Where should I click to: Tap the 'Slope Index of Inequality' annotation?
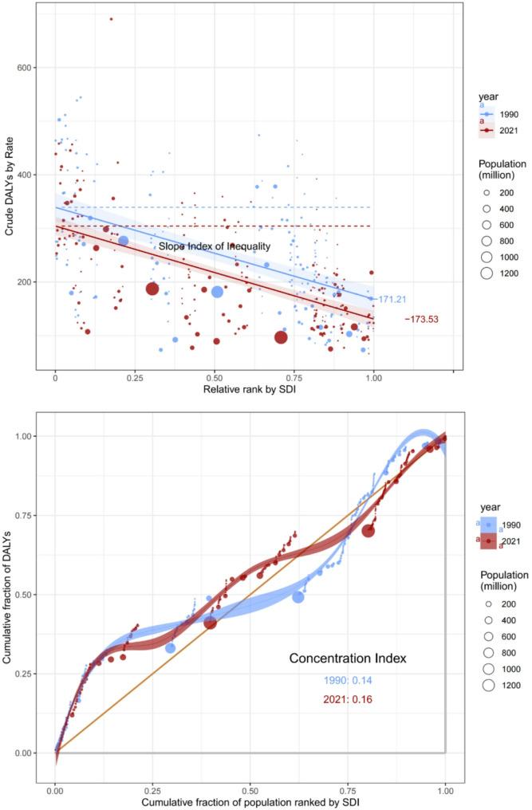pos(215,247)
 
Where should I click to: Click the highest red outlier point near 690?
pos(111,19)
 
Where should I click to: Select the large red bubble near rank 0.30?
pos(152,289)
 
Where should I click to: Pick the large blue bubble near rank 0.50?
pos(217,292)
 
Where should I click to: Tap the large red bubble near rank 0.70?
pos(281,337)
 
